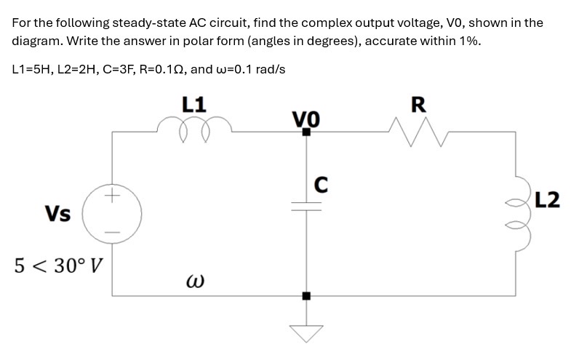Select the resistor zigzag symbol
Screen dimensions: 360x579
click(x=418, y=132)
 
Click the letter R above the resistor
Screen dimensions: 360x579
click(x=418, y=105)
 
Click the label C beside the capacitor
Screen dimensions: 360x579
click(x=321, y=185)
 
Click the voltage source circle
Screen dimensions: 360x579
click(x=112, y=213)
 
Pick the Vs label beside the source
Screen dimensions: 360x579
click(x=57, y=214)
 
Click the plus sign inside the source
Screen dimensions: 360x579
click(x=111, y=195)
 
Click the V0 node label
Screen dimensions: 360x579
click(x=306, y=117)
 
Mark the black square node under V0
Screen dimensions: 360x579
click(x=306, y=132)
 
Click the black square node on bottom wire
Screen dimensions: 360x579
click(x=306, y=295)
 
